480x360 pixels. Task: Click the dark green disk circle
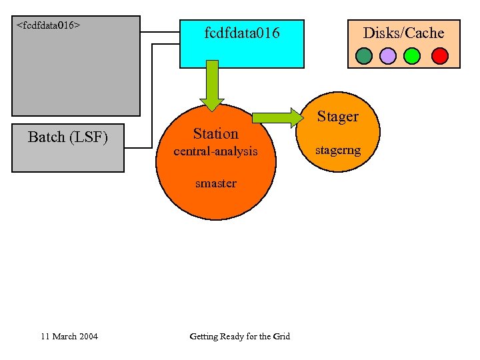coord(364,56)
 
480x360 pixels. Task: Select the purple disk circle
coord(388,56)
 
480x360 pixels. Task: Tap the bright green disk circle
coord(413,56)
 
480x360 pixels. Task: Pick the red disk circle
coord(439,56)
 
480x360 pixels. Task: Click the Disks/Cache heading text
coord(403,33)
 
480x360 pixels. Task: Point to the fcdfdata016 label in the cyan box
coord(242,33)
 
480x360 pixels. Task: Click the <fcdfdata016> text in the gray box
coord(48,25)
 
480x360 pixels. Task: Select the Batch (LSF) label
coord(68,137)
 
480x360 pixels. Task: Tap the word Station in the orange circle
coord(215,133)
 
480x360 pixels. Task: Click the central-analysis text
coord(215,151)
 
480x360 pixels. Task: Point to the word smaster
coord(215,183)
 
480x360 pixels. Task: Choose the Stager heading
coord(337,117)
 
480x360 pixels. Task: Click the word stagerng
coord(338,150)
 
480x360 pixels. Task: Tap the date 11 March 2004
coord(69,336)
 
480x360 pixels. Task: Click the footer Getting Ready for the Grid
coord(239,336)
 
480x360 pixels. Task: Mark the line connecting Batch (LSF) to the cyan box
coord(153,100)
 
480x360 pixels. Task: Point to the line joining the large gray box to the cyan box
coord(160,31)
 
